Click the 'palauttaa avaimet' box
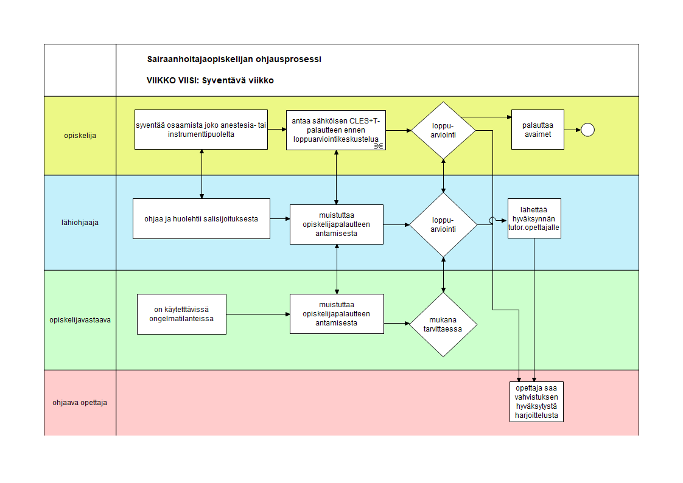point(538,130)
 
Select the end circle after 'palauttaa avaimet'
point(587,130)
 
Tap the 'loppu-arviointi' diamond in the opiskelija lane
point(443,131)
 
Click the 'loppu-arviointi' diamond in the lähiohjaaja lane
point(443,225)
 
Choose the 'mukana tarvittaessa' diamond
point(443,325)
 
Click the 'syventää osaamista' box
point(201,130)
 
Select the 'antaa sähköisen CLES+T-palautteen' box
point(336,130)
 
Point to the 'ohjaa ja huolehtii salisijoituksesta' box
point(201,219)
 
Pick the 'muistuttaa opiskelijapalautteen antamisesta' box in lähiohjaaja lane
point(337,224)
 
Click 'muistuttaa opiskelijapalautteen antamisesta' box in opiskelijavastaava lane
point(337,314)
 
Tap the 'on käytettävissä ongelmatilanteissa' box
point(181,314)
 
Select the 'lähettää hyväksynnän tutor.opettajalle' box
point(534,218)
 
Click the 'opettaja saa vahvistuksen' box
point(537,402)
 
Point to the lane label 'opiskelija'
point(80,136)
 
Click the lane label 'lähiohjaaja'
point(80,223)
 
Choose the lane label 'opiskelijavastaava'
point(80,320)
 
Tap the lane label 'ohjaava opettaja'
point(80,403)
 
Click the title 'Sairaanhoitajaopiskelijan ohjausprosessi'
point(234,59)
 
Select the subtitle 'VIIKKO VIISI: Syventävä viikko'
point(210,80)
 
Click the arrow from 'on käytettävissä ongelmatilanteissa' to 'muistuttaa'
point(258,314)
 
